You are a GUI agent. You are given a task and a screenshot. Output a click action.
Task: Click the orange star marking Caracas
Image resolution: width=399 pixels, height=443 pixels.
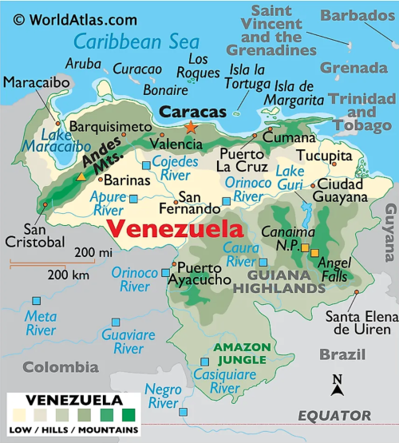pyautogui.click(x=190, y=128)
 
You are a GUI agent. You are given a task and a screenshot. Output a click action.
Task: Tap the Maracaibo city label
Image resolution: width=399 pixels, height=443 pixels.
pyautogui.click(x=36, y=82)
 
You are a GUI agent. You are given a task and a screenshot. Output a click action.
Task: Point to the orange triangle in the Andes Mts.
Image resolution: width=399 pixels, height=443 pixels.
pyautogui.click(x=80, y=176)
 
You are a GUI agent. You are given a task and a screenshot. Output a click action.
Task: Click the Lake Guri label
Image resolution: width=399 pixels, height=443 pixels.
pyautogui.click(x=290, y=180)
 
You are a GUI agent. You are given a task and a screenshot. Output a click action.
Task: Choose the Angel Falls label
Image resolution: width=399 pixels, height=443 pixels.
pyautogui.click(x=334, y=270)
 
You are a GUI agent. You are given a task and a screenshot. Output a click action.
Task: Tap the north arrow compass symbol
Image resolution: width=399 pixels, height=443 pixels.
pyautogui.click(x=338, y=386)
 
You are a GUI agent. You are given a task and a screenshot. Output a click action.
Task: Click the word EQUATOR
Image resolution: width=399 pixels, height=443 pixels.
pyautogui.click(x=334, y=416)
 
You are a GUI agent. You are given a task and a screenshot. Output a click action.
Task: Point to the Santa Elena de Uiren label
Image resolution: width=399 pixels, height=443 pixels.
pyautogui.click(x=361, y=322)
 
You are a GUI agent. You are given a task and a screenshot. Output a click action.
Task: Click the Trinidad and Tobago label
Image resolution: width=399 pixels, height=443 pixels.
pyautogui.click(x=362, y=112)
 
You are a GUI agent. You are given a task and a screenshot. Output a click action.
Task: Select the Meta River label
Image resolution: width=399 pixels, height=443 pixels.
pyautogui.click(x=41, y=323)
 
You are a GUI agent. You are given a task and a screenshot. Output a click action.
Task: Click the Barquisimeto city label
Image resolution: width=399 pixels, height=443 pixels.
pyautogui.click(x=109, y=127)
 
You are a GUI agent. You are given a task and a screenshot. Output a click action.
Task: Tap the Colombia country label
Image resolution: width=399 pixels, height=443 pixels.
pyautogui.click(x=60, y=367)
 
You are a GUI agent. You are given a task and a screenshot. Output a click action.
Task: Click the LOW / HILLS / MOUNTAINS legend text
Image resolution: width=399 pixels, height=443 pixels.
pyautogui.click(x=73, y=430)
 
